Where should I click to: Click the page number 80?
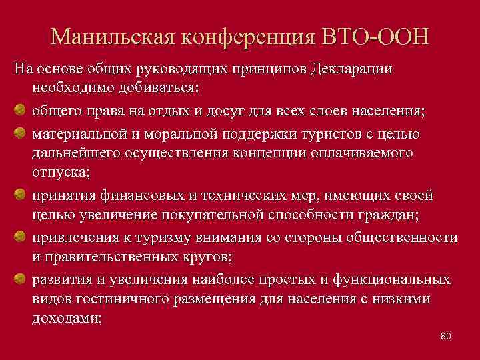pos(446,336)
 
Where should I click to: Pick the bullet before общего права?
pos(20,109)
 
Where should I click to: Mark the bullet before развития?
pos(20,279)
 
